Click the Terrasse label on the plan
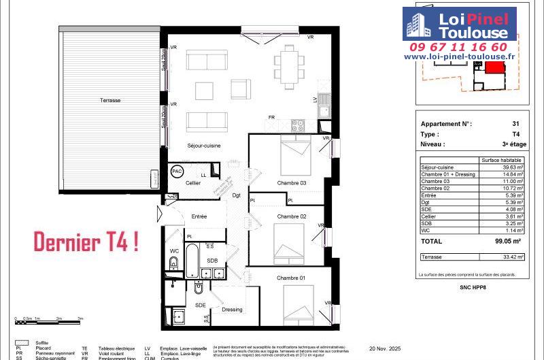click(x=109, y=100)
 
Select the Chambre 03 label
click(x=291, y=183)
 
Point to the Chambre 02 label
click(x=291, y=216)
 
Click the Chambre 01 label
click(x=291, y=278)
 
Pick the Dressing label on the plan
click(x=232, y=310)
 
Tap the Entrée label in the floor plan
click(x=199, y=216)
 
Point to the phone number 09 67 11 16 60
click(x=458, y=47)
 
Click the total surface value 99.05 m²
click(x=507, y=241)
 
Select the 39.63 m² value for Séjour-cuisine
click(x=511, y=167)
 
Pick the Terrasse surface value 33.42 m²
click(x=511, y=257)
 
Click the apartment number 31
click(x=515, y=124)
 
